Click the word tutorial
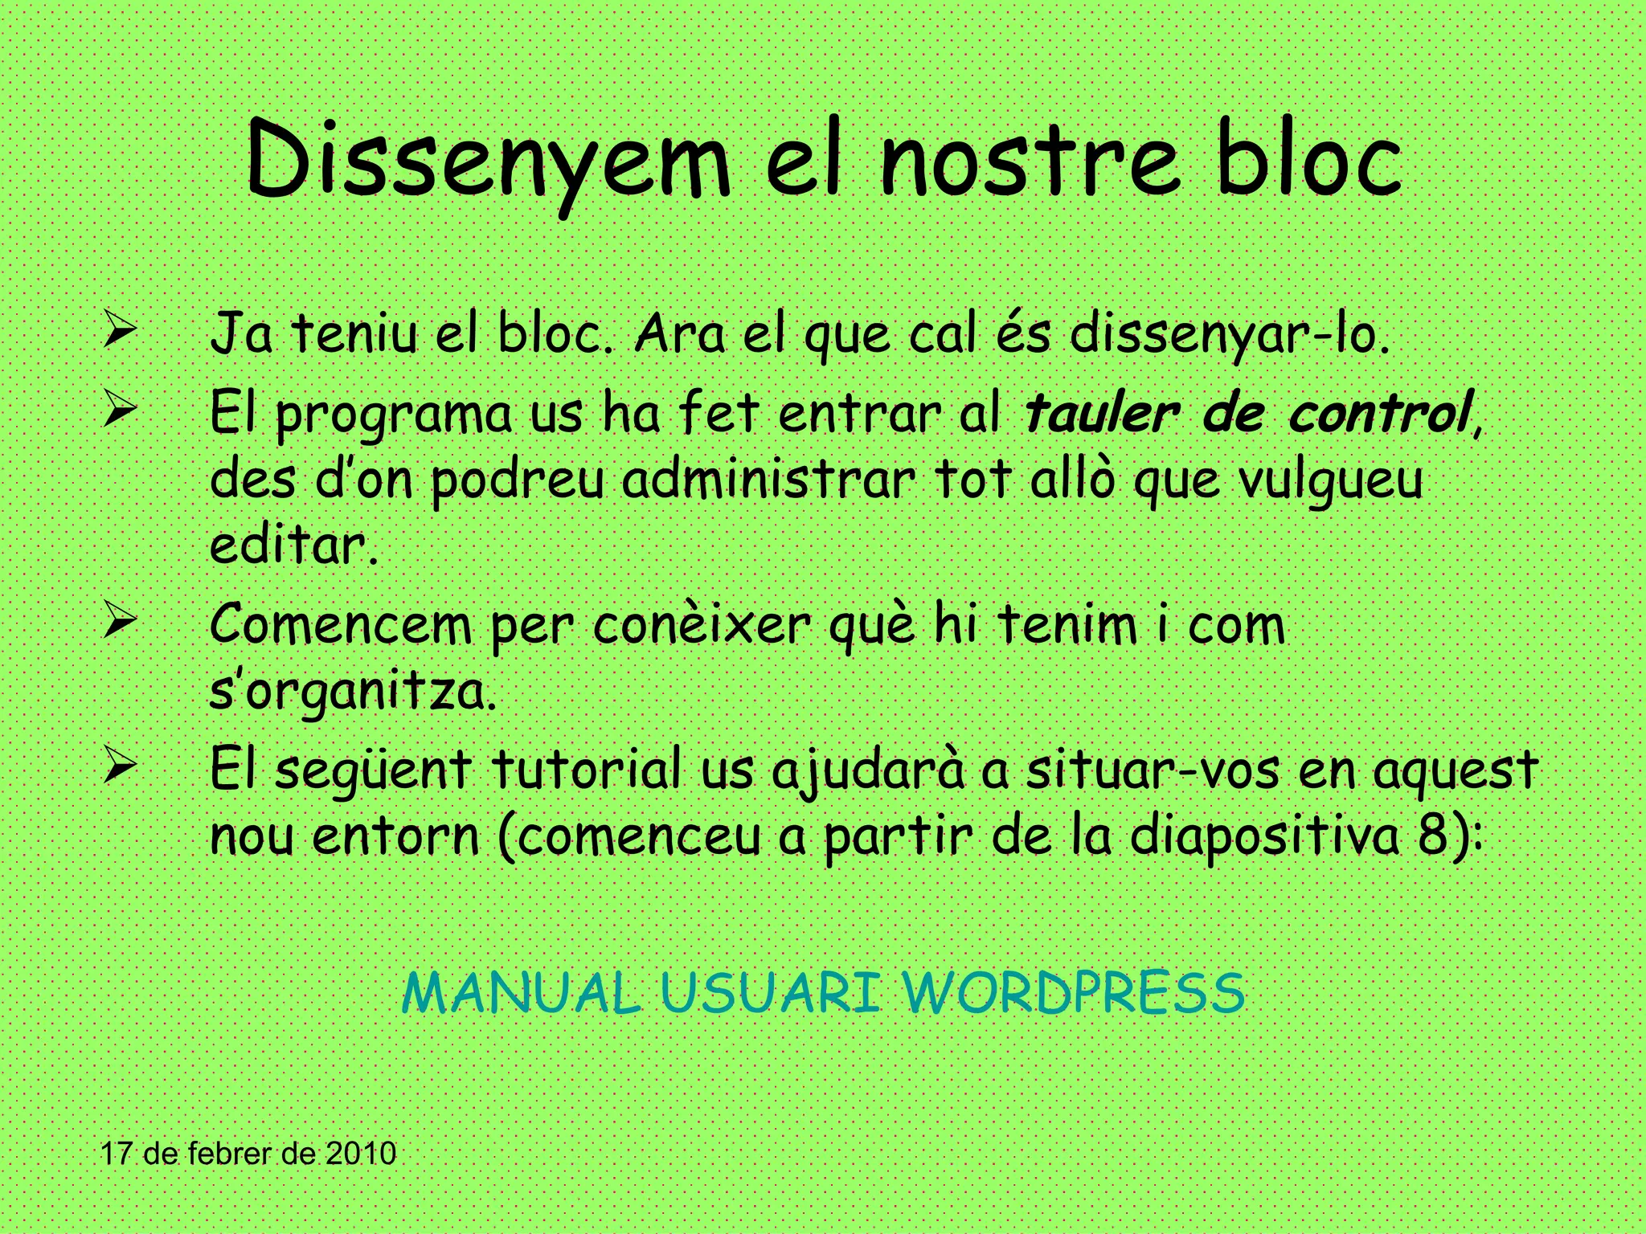(587, 770)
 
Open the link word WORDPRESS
(1074, 993)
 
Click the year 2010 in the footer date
(361, 1154)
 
